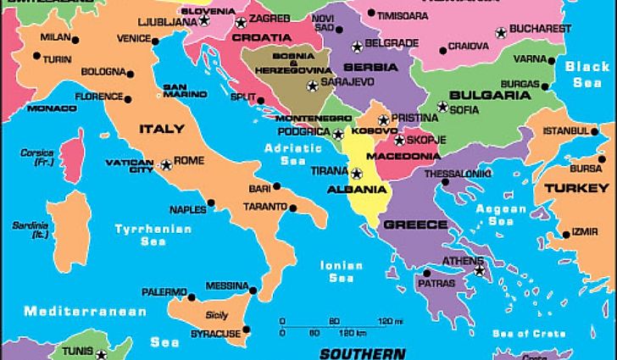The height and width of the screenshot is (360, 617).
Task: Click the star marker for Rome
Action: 166,163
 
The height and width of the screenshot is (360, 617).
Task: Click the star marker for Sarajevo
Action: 313,85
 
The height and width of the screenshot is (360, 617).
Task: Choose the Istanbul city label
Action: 565,130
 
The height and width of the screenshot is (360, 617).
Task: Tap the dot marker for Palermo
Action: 192,296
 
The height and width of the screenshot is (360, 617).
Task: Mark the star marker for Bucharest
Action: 501,33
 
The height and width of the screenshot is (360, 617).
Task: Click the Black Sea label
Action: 587,75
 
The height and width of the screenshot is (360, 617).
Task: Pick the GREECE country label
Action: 415,224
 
